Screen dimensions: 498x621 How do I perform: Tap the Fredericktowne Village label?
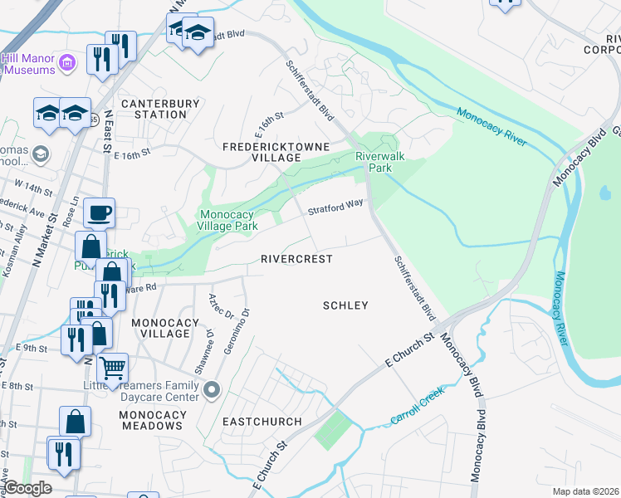[275, 152]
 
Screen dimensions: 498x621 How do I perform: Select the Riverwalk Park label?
[374, 162]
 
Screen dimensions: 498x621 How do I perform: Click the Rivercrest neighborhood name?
[296, 259]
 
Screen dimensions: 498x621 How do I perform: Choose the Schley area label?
[345, 305]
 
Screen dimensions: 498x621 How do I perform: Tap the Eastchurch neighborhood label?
[262, 422]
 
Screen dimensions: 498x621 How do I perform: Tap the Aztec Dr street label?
[218, 305]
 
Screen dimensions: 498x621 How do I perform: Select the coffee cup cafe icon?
[100, 213]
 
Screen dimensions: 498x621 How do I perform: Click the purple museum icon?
[69, 62]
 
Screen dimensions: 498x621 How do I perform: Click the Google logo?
[27, 488]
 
